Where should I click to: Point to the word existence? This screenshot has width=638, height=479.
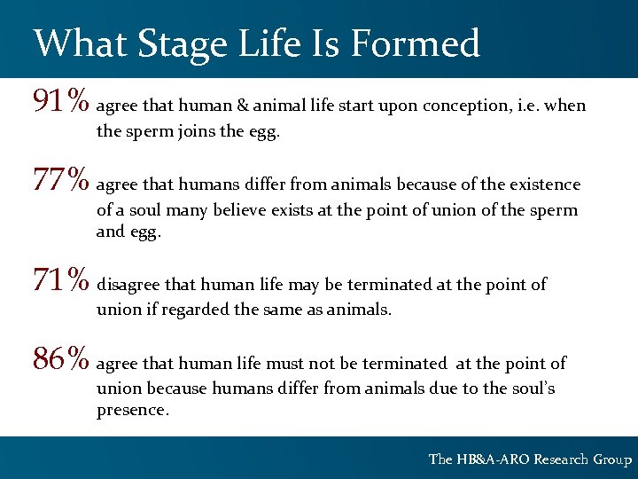[x=544, y=185]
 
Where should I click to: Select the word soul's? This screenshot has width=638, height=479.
[x=532, y=389]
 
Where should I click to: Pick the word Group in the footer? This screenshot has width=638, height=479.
[x=612, y=459]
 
